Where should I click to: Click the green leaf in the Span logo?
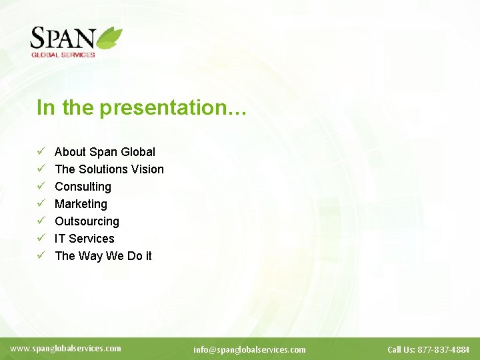110,37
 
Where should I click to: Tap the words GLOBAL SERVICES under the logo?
63,55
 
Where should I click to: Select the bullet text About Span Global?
105,152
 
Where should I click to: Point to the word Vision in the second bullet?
147,169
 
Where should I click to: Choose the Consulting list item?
83,187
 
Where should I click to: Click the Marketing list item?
81,204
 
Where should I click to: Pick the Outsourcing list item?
87,221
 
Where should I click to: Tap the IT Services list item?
84,239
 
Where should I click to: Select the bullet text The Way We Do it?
103,256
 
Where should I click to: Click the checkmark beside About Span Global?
41,152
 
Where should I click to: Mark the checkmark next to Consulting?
41,187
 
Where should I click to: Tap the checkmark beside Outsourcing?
41,221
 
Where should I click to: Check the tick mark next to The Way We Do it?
41,256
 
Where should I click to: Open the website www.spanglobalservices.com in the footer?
66,348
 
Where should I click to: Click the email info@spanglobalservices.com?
249,349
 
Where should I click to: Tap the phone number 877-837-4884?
443,349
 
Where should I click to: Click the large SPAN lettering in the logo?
63,39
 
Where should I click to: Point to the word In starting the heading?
45,108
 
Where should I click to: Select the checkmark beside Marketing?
41,204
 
